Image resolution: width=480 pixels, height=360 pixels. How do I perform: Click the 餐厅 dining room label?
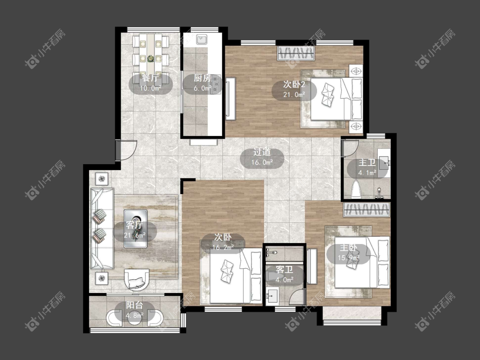tap(150, 78)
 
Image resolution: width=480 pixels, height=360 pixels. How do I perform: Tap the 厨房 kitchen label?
tap(202, 78)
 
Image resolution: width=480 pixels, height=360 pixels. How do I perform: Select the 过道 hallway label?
tap(262, 152)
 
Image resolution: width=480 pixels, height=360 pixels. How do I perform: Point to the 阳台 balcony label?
tap(135, 305)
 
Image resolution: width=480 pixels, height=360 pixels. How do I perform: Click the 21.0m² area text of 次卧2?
tap(294, 94)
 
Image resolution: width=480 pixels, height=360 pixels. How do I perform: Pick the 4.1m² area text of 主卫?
tap(367, 173)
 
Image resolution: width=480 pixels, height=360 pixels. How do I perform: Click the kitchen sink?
tap(202, 40)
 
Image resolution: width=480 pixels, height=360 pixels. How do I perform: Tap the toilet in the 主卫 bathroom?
tap(356, 189)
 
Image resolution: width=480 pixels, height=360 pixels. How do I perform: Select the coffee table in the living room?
tap(135, 228)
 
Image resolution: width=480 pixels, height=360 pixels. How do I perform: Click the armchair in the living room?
tap(137, 279)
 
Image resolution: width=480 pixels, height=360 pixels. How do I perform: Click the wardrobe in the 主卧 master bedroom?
tap(367, 210)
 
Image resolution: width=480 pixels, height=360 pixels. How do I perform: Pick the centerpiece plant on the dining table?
tap(150, 58)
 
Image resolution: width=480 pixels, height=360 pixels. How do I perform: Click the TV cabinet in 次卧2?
tap(231, 98)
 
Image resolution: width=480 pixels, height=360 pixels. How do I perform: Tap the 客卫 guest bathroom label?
tap(285, 270)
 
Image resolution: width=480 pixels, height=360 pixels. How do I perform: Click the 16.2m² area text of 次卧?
tap(223, 247)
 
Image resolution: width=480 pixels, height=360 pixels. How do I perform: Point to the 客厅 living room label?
tap(135, 225)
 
